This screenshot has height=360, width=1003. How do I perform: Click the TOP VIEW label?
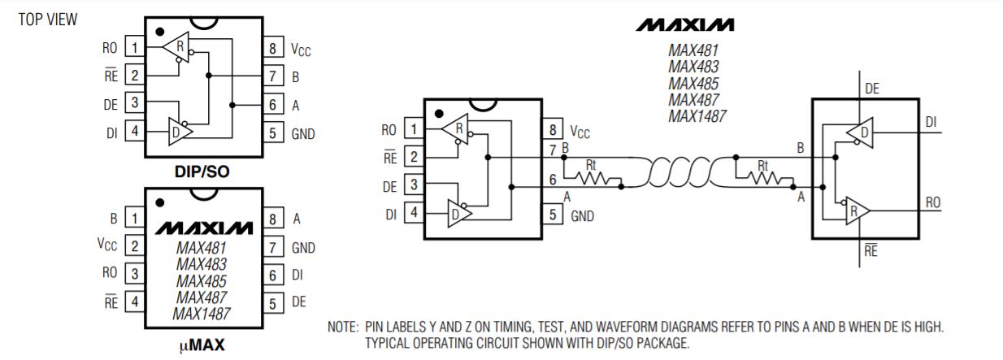[x=47, y=20]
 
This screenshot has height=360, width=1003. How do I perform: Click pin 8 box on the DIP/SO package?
[x=272, y=47]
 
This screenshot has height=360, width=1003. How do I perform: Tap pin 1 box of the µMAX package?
[x=134, y=218]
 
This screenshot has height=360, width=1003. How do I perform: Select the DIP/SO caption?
[x=202, y=171]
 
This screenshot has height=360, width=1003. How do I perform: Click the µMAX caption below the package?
[x=202, y=345]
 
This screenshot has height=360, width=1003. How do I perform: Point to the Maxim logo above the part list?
[x=685, y=24]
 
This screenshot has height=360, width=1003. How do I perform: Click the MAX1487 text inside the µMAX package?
[x=202, y=314]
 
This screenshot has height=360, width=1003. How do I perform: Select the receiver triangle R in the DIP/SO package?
[x=176, y=46]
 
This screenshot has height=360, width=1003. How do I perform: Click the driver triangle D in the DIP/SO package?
[x=180, y=132]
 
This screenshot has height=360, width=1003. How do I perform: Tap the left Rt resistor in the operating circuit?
[x=592, y=178]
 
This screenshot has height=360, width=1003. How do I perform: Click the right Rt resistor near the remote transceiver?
[x=764, y=178]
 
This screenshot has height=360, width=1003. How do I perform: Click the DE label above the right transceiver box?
[x=872, y=89]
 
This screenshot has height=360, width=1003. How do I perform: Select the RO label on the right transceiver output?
[x=933, y=203]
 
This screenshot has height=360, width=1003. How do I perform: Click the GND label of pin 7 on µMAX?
[x=303, y=248]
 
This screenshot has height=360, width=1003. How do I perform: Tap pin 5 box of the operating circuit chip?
[x=553, y=215]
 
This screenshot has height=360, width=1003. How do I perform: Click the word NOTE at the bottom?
[x=343, y=327]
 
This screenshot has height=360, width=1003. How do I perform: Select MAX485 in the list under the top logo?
[x=693, y=84]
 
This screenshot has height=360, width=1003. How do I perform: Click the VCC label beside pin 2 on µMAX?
[x=107, y=245]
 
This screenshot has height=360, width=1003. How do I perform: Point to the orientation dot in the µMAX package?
[x=160, y=203]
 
